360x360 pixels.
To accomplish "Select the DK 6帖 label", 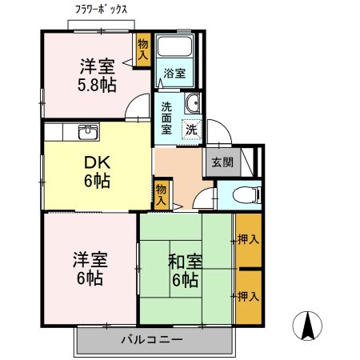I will click(x=97, y=169).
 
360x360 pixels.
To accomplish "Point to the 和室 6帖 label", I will click(x=184, y=270).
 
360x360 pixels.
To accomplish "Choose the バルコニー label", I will click(x=152, y=339).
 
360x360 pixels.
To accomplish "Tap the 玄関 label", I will click(x=222, y=162).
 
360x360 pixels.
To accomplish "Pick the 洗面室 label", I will click(x=166, y=117).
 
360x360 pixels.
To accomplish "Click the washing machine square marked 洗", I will click(x=192, y=129).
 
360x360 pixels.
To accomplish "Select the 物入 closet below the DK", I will click(x=161, y=194).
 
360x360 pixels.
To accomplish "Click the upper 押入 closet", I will click(x=248, y=240).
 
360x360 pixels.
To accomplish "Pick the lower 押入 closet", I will click(x=248, y=296).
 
